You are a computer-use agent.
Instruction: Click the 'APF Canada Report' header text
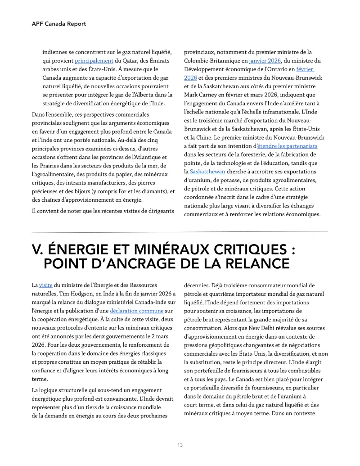pyautogui.click(x=58, y=23)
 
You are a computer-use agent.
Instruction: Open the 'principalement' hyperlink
pyautogui.click(x=94, y=60)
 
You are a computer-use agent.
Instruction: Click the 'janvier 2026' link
pyautogui.click(x=265, y=60)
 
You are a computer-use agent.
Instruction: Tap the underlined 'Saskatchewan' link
pyautogui.click(x=206, y=172)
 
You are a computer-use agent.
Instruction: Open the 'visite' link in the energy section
pyautogui.click(x=45, y=285)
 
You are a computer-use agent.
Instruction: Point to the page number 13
pyautogui.click(x=180, y=445)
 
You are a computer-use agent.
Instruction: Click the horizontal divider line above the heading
pyautogui.click(x=180, y=231)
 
